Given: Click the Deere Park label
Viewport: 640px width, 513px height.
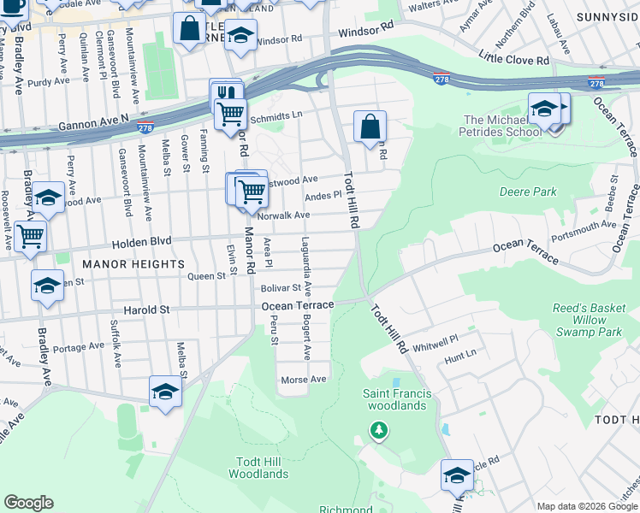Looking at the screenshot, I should click(528, 192).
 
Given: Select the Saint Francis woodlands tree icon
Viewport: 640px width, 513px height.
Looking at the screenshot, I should click(378, 429).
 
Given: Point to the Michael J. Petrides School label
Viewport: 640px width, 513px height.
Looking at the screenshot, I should click(503, 126).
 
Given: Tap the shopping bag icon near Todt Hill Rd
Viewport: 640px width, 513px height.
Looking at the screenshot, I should click(370, 128).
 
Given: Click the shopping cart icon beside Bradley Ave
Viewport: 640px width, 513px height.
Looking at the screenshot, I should click(30, 235).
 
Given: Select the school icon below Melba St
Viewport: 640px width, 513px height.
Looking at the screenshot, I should click(165, 392).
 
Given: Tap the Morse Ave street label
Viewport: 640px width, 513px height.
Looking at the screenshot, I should click(305, 379).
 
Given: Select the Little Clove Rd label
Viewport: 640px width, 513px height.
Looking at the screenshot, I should click(514, 60).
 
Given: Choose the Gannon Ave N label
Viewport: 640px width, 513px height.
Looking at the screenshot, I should click(93, 126).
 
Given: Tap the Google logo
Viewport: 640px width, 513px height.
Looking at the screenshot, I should click(29, 503).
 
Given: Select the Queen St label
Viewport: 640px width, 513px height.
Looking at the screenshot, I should click(206, 276).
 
